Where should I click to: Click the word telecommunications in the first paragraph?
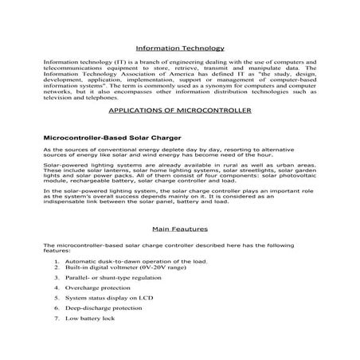coord(72,68)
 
